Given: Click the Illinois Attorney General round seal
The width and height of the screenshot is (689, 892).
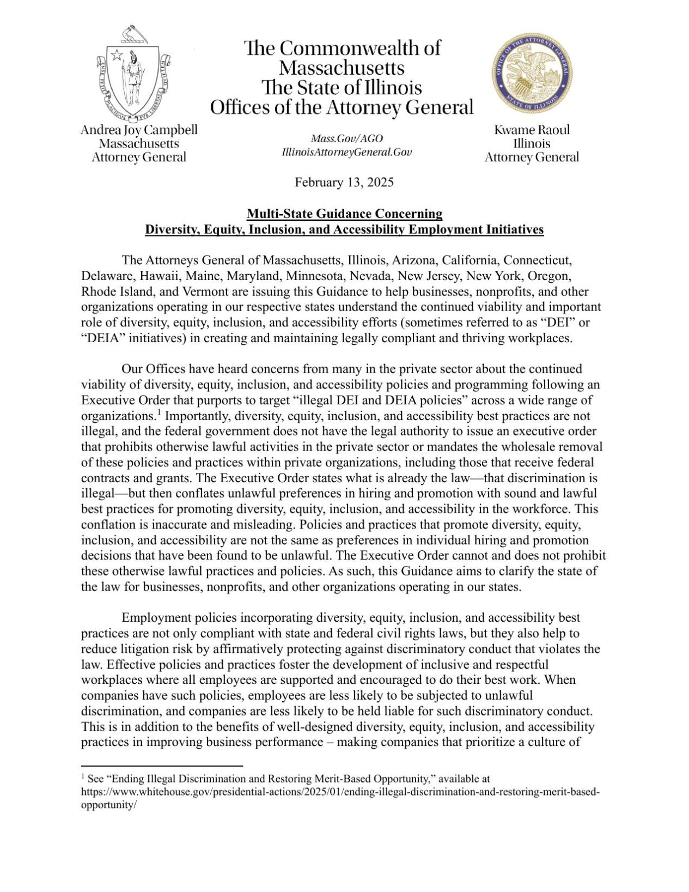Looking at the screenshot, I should coord(532,71).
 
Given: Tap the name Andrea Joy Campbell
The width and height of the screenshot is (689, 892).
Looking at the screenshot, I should coord(139,130).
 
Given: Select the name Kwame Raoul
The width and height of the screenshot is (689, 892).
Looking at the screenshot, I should coord(532,130).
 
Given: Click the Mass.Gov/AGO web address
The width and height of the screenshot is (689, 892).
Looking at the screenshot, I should coord(346,139).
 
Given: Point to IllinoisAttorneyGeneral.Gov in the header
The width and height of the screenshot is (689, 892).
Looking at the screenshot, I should coord(346,152).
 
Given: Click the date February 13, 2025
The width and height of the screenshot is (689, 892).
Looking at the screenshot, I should coord(344,183).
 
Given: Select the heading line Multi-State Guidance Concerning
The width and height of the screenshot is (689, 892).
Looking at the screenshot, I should coord(344,213).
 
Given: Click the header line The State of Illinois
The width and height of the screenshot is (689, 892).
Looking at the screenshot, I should coord(342,88).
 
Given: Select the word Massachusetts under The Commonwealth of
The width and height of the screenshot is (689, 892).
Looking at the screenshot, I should coord(342,68).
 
